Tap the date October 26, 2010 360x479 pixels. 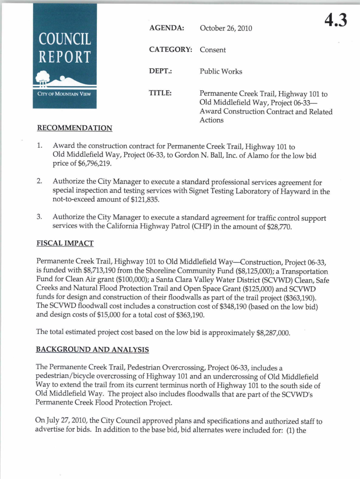[226, 29]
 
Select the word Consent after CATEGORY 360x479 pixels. [213, 50]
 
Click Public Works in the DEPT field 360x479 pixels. [221, 72]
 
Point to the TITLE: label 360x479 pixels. [160, 94]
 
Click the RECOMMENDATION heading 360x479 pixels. [74, 128]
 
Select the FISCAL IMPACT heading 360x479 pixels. [65, 243]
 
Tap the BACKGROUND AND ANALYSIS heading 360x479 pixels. [93, 349]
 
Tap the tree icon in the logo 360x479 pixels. [43, 77]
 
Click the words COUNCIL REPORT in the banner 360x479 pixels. [65, 48]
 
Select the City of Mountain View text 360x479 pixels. [64, 94]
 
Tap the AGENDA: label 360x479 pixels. [166, 28]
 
